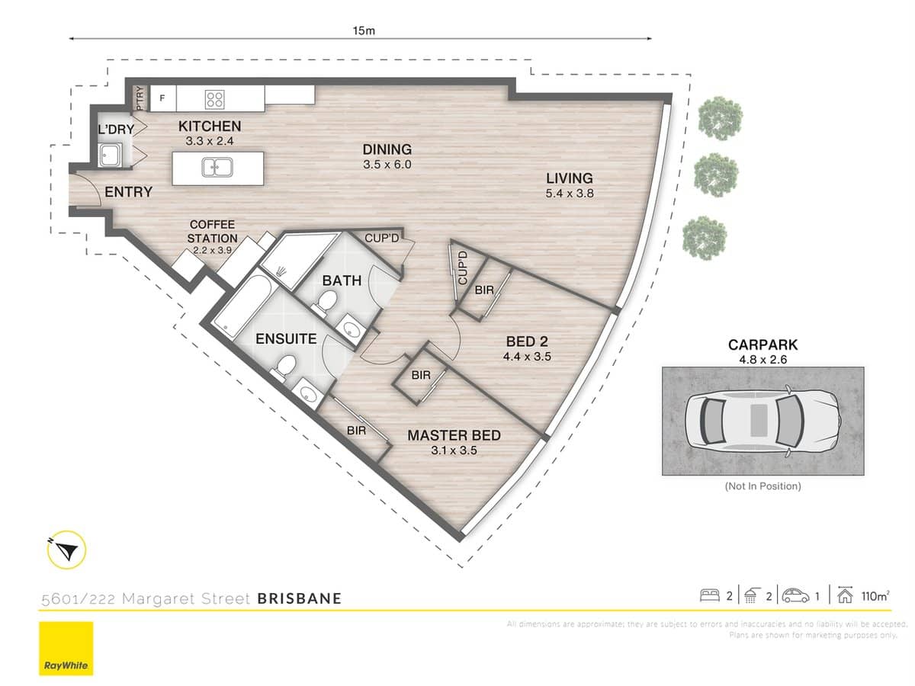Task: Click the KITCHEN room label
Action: (210, 127)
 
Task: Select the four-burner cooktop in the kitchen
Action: (215, 98)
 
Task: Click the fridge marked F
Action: (162, 98)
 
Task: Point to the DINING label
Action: (387, 150)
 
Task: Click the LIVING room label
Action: (569, 179)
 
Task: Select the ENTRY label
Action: (128, 193)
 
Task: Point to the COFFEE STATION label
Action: (212, 231)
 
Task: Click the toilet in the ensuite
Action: (285, 364)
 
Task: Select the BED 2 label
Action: (527, 341)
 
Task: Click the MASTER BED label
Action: (454, 436)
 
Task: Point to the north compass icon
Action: (67, 550)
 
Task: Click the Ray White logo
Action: (66, 649)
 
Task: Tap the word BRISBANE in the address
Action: (300, 598)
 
